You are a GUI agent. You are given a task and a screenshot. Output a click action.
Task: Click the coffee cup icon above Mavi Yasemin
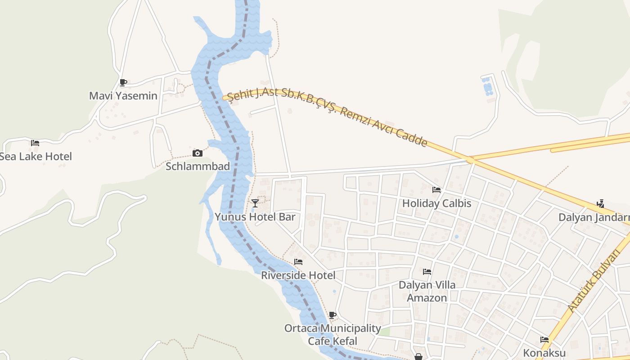tap(123, 82)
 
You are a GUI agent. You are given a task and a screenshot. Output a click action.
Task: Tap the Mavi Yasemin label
tap(123, 96)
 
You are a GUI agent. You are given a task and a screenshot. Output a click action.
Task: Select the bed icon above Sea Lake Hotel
tap(35, 143)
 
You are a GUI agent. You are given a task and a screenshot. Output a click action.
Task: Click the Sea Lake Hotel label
tap(36, 157)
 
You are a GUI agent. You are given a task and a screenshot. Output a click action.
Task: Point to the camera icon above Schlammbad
tap(197, 153)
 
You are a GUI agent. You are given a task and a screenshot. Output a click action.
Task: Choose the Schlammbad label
tap(198, 166)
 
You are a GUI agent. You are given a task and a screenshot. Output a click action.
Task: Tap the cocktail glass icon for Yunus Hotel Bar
tap(255, 203)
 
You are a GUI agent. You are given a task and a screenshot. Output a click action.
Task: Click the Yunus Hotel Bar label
tap(255, 217)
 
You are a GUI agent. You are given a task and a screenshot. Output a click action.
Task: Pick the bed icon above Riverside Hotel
tap(298, 262)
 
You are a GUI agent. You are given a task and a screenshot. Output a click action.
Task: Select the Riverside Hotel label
tap(298, 275)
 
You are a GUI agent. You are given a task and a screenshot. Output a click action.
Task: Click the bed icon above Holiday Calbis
tap(436, 190)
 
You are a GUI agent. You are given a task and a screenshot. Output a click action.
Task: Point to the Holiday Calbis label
tap(436, 203)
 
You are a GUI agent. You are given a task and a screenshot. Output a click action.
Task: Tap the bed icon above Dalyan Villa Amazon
tap(427, 272)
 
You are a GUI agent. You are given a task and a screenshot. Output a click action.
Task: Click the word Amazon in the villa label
tap(427, 298)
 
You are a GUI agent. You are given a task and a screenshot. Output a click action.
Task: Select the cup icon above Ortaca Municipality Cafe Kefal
tap(333, 315)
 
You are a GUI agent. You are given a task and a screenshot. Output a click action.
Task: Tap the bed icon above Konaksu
tap(544, 340)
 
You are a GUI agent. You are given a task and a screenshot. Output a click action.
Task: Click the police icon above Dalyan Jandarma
tap(600, 204)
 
